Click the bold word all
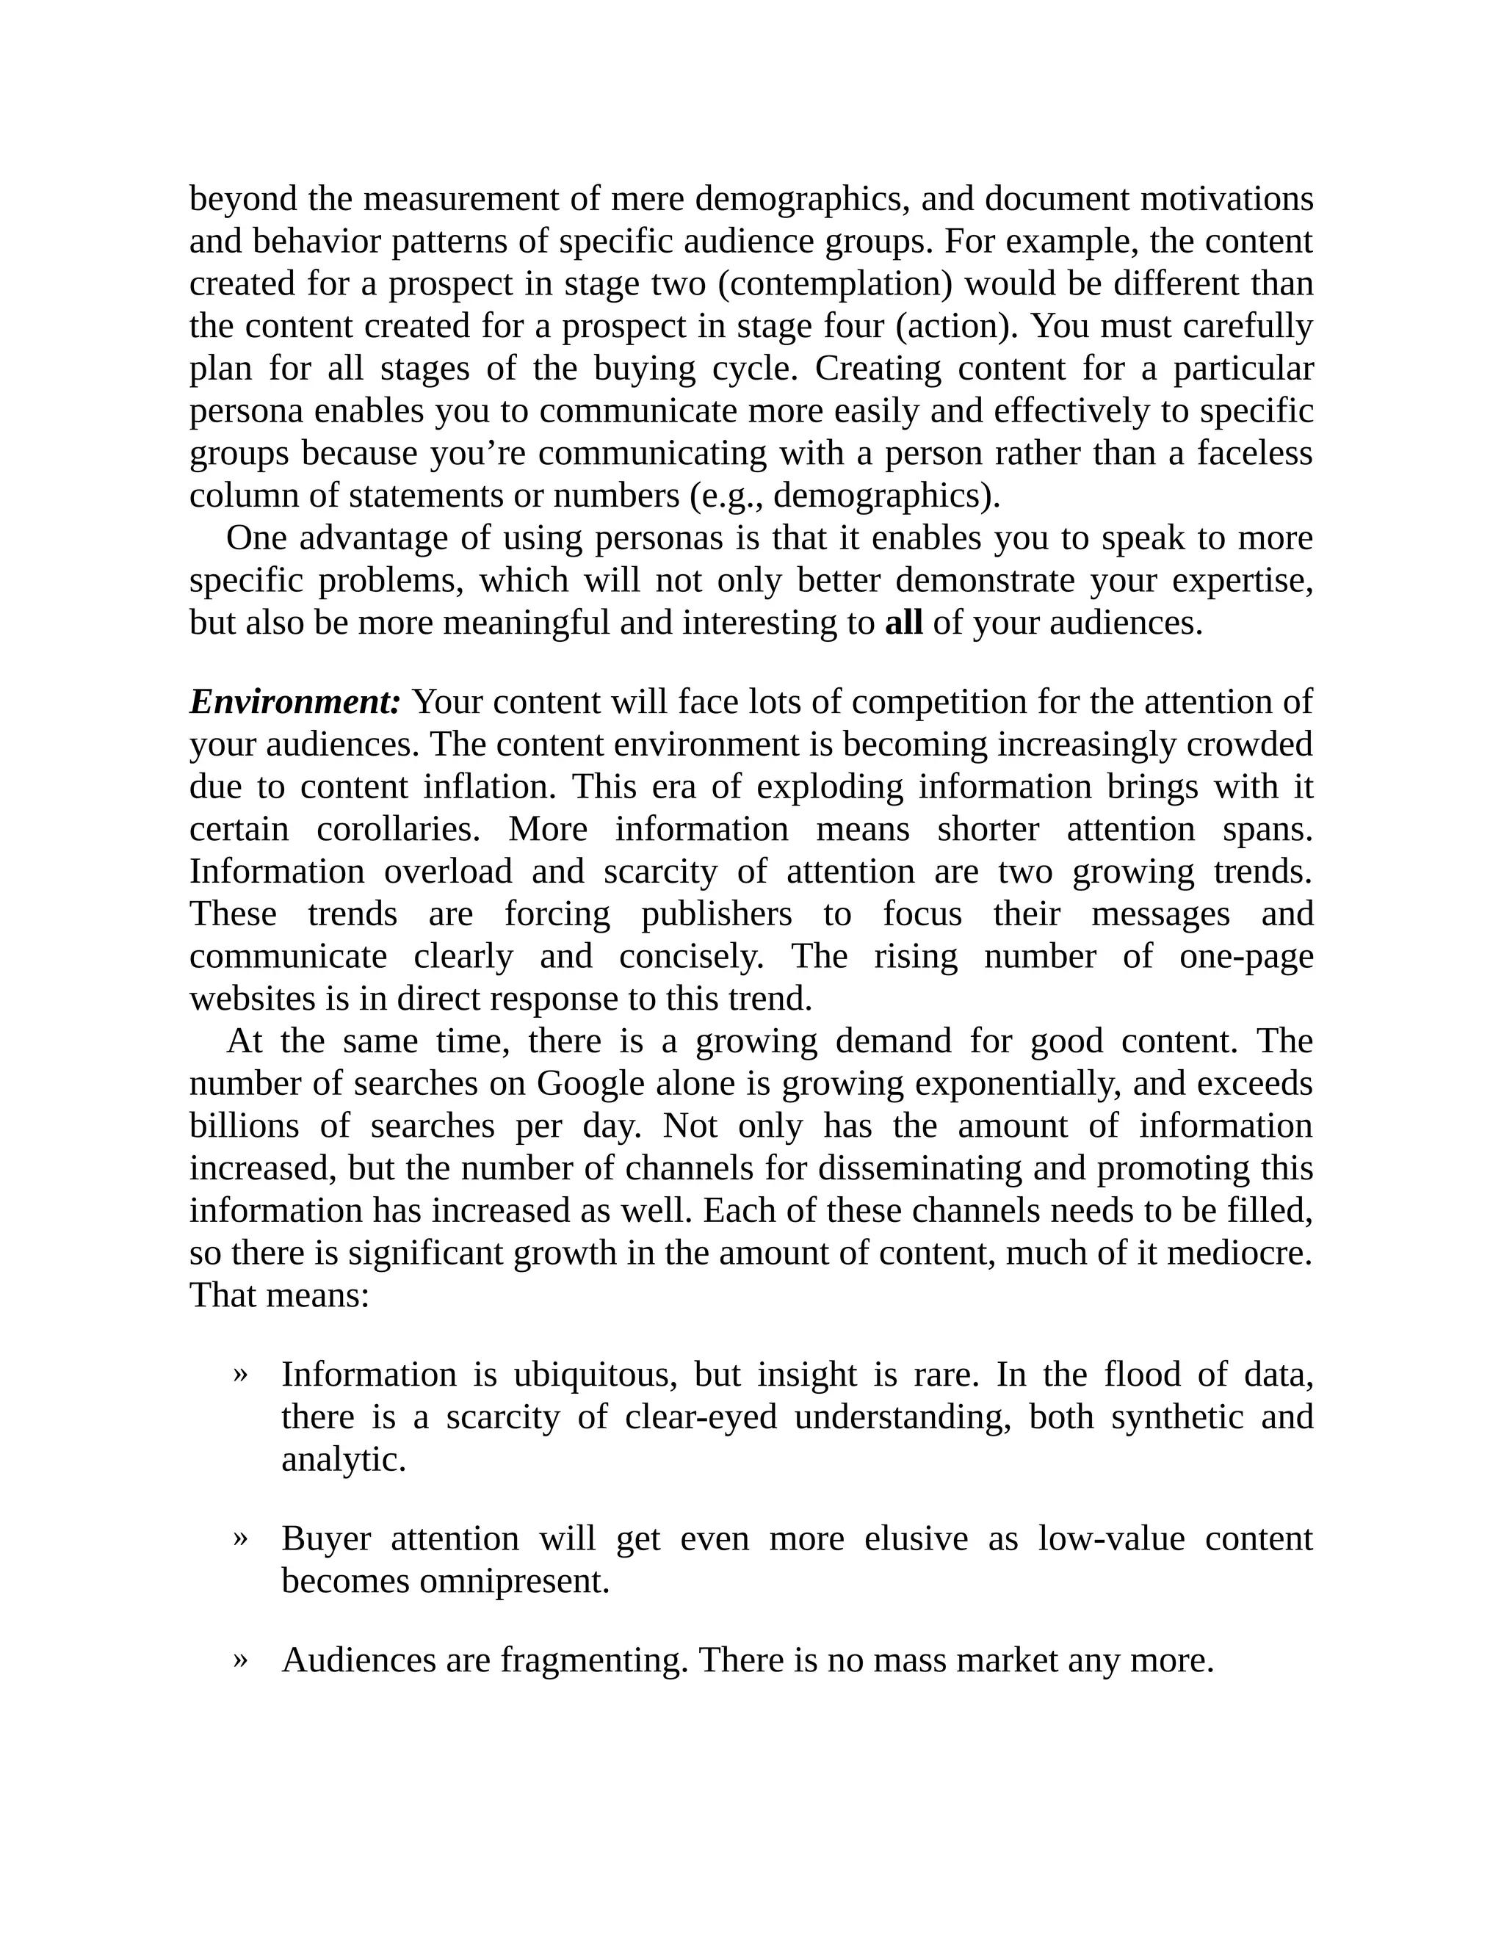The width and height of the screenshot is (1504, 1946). [903, 623]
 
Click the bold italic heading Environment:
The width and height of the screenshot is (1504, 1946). [295, 702]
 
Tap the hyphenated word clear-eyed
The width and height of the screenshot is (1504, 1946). [701, 1417]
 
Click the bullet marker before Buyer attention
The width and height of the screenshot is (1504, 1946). [239, 1538]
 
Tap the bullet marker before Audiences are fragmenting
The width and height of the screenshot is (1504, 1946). [239, 1659]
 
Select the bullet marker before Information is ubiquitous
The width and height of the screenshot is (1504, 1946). [239, 1374]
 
